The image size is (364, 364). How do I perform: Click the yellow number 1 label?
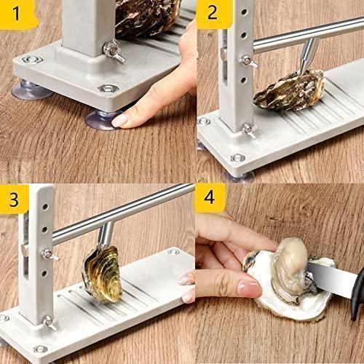[x=17, y=14]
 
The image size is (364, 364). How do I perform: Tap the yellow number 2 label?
[x=213, y=14]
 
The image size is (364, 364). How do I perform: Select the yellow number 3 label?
[x=14, y=199]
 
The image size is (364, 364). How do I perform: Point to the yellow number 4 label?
[x=210, y=197]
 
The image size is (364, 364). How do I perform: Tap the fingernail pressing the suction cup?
[x=119, y=120]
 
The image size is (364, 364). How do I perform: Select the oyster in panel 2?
[x=289, y=91]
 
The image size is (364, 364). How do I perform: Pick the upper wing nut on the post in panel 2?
[x=248, y=62]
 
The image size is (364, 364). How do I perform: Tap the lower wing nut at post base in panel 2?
[x=250, y=131]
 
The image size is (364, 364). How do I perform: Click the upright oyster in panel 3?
[x=103, y=274]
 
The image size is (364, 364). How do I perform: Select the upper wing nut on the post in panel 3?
[x=50, y=256]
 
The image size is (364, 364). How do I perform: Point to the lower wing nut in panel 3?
[x=50, y=323]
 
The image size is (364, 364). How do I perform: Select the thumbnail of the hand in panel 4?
[x=249, y=288]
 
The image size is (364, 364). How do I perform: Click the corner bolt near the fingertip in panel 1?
[x=108, y=88]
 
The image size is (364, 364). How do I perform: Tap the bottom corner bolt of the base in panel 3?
[x=40, y=349]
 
